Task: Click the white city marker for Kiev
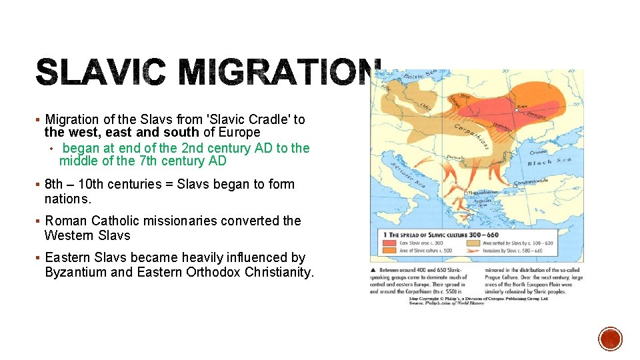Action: (516, 111)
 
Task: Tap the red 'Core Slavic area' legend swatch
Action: (386, 243)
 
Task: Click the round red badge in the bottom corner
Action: (610, 339)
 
